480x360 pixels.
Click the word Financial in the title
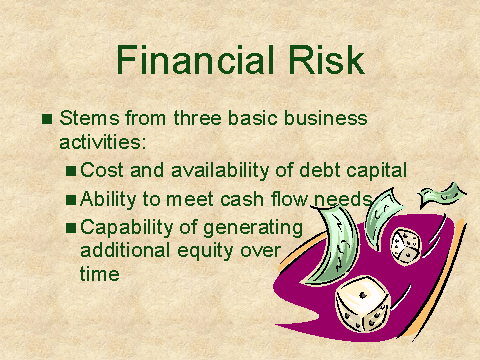tap(195, 60)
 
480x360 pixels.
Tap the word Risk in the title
tap(326, 60)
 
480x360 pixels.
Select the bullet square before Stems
tap(47, 119)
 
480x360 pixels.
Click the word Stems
tap(89, 118)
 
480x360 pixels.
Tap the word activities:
tap(103, 142)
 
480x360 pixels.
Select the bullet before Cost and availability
tap(71, 171)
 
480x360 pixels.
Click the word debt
tap(320, 170)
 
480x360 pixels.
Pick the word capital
tap(376, 171)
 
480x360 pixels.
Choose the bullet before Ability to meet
tap(71, 200)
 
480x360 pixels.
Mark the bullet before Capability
tap(71, 228)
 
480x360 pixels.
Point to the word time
tap(100, 274)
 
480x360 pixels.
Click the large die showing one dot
tap(363, 304)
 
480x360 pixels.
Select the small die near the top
tap(406, 247)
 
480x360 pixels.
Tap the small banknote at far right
tap(442, 194)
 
